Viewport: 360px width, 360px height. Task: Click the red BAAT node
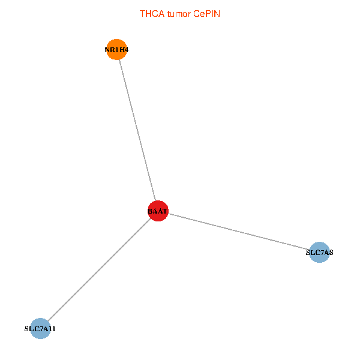158,211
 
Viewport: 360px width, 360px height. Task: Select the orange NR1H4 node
116,49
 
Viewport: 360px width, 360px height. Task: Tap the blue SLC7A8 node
319,253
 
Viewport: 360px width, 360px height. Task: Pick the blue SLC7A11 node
40,329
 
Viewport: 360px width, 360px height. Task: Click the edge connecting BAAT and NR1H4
137,130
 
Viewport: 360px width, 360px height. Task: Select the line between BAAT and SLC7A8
239,232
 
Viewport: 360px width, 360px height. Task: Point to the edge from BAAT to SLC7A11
98,270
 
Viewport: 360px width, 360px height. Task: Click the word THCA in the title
150,13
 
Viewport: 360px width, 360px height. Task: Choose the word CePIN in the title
206,13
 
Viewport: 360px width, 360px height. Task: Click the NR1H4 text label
116,49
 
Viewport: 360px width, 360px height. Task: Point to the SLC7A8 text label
319,253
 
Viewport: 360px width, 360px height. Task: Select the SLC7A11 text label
40,329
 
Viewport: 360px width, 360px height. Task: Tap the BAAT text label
158,211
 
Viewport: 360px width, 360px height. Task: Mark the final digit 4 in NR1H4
126,49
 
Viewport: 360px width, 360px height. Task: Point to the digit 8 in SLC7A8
331,253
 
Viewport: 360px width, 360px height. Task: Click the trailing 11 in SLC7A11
53,329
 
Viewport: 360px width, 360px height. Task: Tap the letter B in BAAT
150,211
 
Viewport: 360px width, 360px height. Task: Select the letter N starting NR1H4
107,49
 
